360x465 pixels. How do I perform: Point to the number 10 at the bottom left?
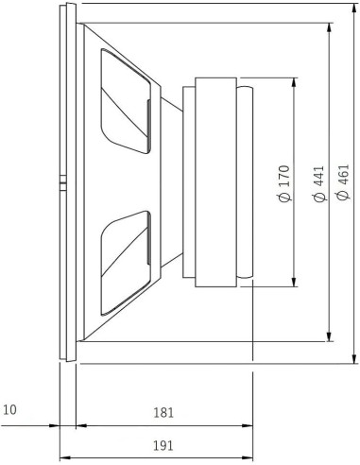pos(10,411)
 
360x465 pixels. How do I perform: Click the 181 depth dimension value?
pos(163,413)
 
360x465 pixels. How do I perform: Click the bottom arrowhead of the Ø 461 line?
pos(353,357)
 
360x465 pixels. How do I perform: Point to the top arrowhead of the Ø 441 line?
pos(329,26)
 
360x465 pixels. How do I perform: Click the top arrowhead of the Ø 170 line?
pos(296,81)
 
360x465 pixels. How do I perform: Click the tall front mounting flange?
pos(64,181)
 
